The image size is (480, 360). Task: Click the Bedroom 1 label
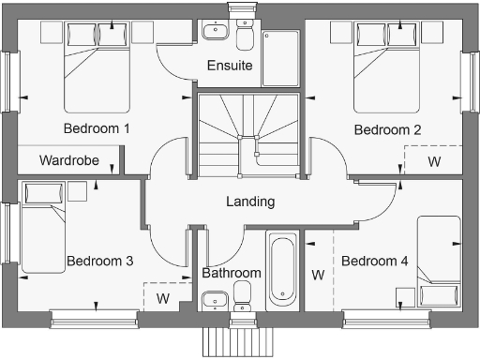pos(97,128)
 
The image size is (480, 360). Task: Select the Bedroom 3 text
pos(99,262)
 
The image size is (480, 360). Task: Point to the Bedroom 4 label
pos(375,262)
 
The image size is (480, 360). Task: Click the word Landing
pos(250,202)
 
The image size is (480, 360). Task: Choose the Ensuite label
pos(231,67)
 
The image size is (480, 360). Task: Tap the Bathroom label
pos(231,273)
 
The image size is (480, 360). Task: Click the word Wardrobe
pos(68,160)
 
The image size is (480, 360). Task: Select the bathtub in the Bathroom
pos(282,270)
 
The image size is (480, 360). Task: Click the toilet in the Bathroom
pos(243,297)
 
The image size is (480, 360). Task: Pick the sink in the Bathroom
pos(215,300)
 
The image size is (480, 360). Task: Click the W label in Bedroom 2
pos(434,161)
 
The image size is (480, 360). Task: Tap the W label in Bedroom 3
pos(162,299)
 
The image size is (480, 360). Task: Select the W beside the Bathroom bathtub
pos(318,276)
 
